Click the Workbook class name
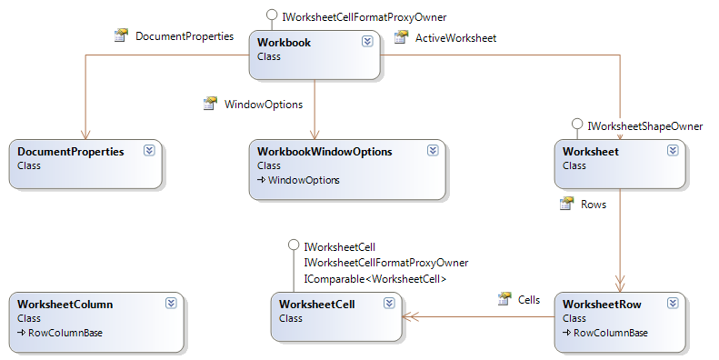pos(285,42)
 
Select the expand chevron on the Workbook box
pos(367,42)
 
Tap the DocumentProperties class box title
pos(70,152)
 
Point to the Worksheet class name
pos(591,152)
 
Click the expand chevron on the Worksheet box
pos(672,152)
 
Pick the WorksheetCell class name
pos(316,305)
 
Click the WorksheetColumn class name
pos(65,305)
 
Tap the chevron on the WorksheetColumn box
pos(172,305)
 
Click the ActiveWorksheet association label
pos(455,37)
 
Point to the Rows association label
pos(594,205)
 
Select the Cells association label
pos(528,299)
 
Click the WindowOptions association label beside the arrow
pos(263,105)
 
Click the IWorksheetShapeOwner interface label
pos(645,126)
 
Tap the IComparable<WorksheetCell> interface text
pos(374,279)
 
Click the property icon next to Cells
pos(504,299)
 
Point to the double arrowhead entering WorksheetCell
pos(411,317)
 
